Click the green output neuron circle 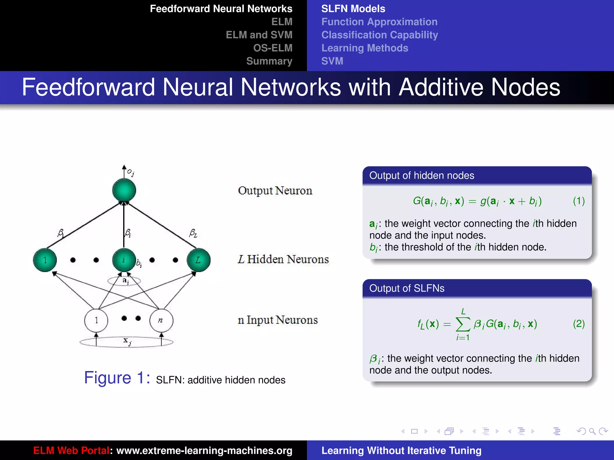pos(124,190)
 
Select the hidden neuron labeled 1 pos(45,260)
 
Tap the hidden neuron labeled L pos(198,260)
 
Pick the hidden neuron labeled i pos(124,260)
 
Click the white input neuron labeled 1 pos(96,320)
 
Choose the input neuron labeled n pos(161,320)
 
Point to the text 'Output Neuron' pos(275,191)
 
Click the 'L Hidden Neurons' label pos(283,259)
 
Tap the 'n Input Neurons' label pos(278,320)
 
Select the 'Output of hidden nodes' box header pos(422,175)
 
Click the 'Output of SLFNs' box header pos(407,288)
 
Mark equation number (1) pos(579,201)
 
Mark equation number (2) pos(579,324)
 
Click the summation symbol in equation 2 pos(463,324)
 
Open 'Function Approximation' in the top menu pos(379,22)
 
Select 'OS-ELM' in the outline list pos(273,48)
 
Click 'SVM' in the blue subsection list pos(332,61)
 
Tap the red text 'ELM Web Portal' pos(71,450)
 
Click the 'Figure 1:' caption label pos(117,378)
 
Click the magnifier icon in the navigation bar pos(592,431)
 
